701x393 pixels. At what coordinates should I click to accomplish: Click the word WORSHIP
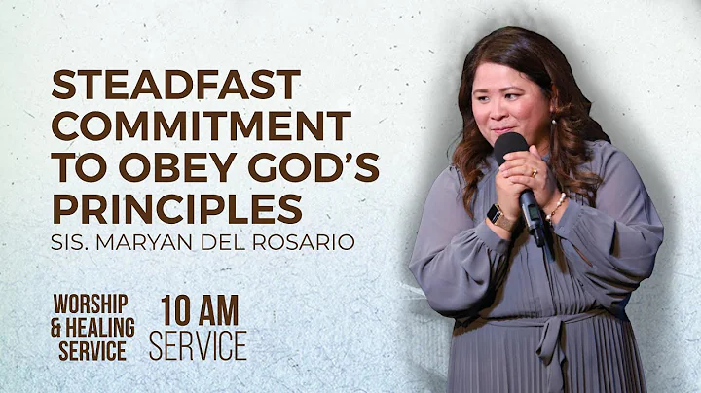[x=91, y=304]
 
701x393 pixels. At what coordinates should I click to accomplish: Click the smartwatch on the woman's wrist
[x=499, y=217]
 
